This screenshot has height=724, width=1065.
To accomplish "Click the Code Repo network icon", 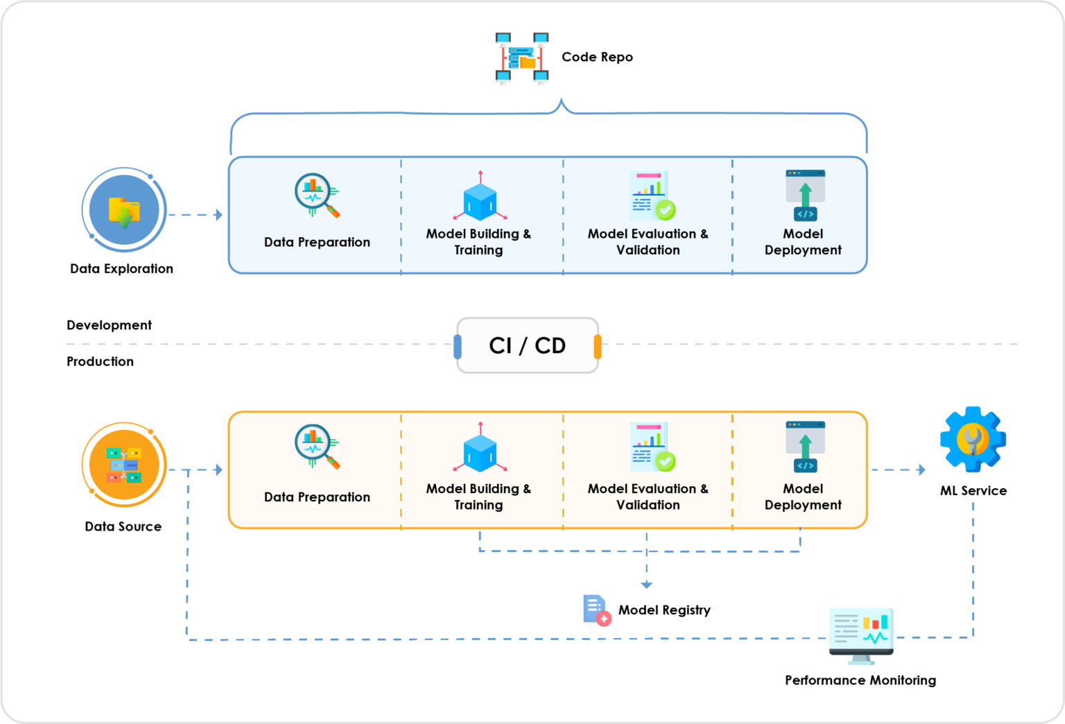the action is (x=521, y=58).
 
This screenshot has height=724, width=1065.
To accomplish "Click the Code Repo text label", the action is (x=597, y=57).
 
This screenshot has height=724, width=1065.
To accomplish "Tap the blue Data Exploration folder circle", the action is (x=124, y=209).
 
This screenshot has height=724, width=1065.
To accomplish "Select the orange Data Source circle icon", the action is (x=124, y=465).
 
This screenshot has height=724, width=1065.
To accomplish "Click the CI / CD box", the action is (x=527, y=345).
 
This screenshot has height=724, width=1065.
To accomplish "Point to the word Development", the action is (x=109, y=325).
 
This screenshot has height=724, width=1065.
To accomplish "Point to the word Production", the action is (x=100, y=361).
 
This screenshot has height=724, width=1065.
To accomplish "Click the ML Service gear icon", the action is (x=973, y=439).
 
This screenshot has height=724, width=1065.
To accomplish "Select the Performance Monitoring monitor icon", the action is (x=862, y=636).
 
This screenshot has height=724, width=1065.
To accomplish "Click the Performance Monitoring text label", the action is (x=860, y=680).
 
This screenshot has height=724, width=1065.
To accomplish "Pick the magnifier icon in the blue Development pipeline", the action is (x=317, y=195).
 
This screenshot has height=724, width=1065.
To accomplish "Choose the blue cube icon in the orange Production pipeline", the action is (x=480, y=447).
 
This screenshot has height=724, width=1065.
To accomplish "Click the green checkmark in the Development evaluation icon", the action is (x=665, y=209).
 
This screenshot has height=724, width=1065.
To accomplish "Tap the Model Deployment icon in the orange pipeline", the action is (x=806, y=447).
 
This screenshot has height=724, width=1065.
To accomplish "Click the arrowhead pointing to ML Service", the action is (x=921, y=470).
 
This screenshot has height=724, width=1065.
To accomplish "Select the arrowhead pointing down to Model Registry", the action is (x=647, y=585).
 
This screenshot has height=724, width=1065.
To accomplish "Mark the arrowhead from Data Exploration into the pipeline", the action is (x=218, y=215).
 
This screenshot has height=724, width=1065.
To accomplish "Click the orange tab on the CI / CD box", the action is (x=598, y=346).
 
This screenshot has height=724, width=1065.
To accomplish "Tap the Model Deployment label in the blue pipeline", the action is (x=803, y=241).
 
